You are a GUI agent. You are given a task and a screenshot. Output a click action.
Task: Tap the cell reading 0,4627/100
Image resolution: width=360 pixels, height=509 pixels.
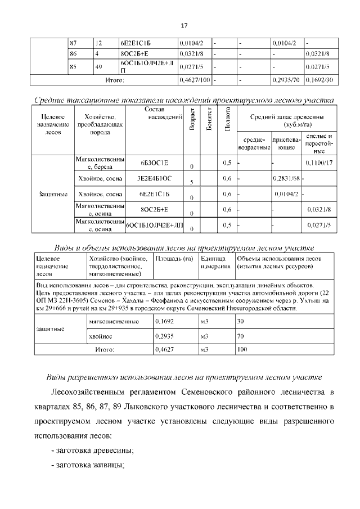click(194, 80)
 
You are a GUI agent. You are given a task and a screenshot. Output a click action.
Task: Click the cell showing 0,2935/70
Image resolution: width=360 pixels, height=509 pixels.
click(287, 80)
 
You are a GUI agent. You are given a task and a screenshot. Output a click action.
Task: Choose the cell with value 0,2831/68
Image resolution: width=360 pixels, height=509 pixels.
click(286, 179)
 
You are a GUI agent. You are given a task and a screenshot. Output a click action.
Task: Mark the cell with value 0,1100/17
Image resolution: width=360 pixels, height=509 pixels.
click(319, 163)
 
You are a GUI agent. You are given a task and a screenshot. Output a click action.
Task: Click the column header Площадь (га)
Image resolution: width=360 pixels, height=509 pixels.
click(173, 258)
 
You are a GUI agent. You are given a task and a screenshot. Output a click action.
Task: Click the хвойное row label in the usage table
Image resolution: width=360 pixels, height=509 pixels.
click(101, 336)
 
